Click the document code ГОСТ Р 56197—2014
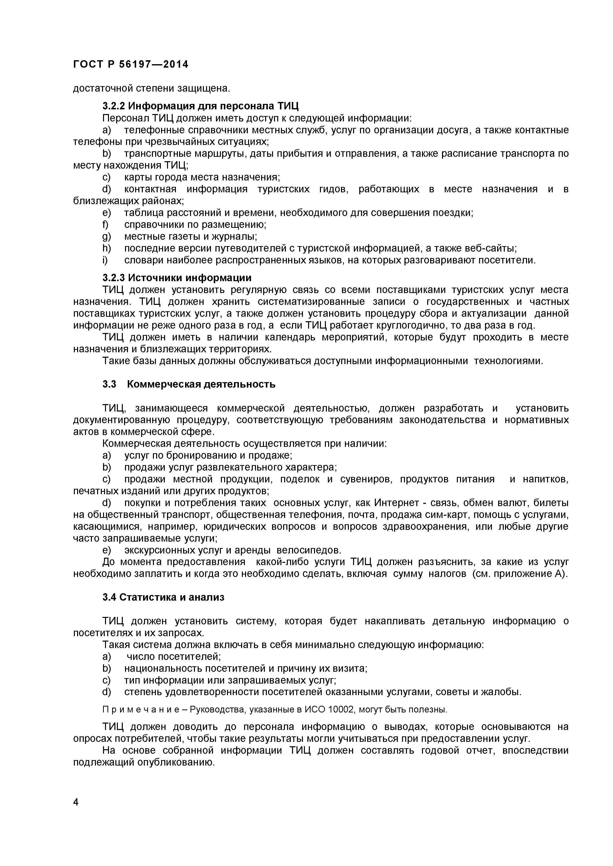(130, 64)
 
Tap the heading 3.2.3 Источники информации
(177, 278)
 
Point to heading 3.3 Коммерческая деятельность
(189, 384)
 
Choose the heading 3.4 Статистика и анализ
(163, 597)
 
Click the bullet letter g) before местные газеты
(106, 236)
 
